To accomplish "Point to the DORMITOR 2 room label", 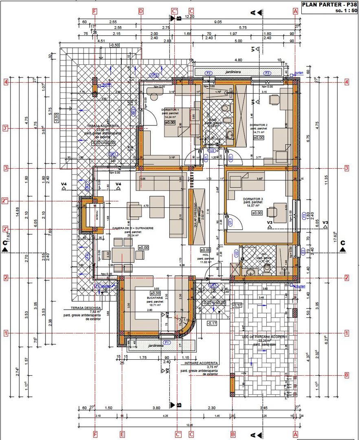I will pos(259,125).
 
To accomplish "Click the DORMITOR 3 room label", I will pos(253,199).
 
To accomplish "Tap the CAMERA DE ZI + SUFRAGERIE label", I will pos(133,229).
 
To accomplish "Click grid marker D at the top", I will pos(141,11).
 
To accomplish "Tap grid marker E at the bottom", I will pos(122,434).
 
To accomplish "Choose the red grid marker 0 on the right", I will pos(347,375).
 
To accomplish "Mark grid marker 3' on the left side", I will pos(6,129).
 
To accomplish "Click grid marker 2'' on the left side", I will pos(6,201).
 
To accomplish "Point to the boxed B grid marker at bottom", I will pos(233,434).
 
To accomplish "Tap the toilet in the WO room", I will pos(267,268).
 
